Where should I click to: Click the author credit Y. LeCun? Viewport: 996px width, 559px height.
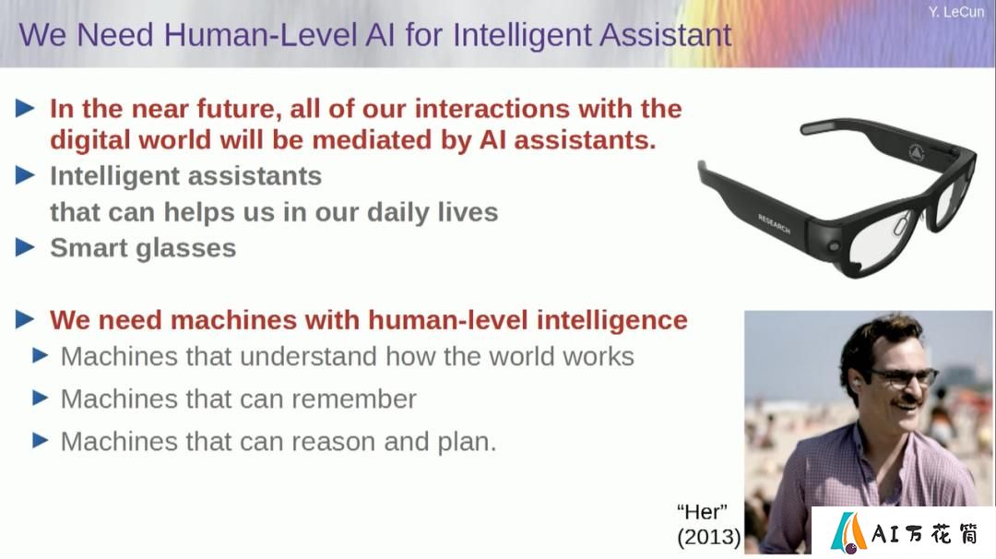955,12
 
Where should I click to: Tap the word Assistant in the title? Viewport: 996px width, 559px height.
665,34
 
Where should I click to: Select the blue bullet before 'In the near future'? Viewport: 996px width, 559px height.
25,108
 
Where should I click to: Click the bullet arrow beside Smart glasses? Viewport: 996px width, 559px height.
25,247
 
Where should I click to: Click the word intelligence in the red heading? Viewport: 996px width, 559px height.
611,321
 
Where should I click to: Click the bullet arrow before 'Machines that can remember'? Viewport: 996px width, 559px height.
40,398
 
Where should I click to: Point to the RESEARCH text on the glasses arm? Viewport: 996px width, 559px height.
774,224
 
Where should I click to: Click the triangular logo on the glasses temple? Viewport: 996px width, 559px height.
916,152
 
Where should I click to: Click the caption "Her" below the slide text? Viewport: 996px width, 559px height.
701,512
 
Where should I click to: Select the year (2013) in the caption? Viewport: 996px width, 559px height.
708,538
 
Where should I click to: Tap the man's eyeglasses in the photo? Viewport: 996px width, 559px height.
902,377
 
